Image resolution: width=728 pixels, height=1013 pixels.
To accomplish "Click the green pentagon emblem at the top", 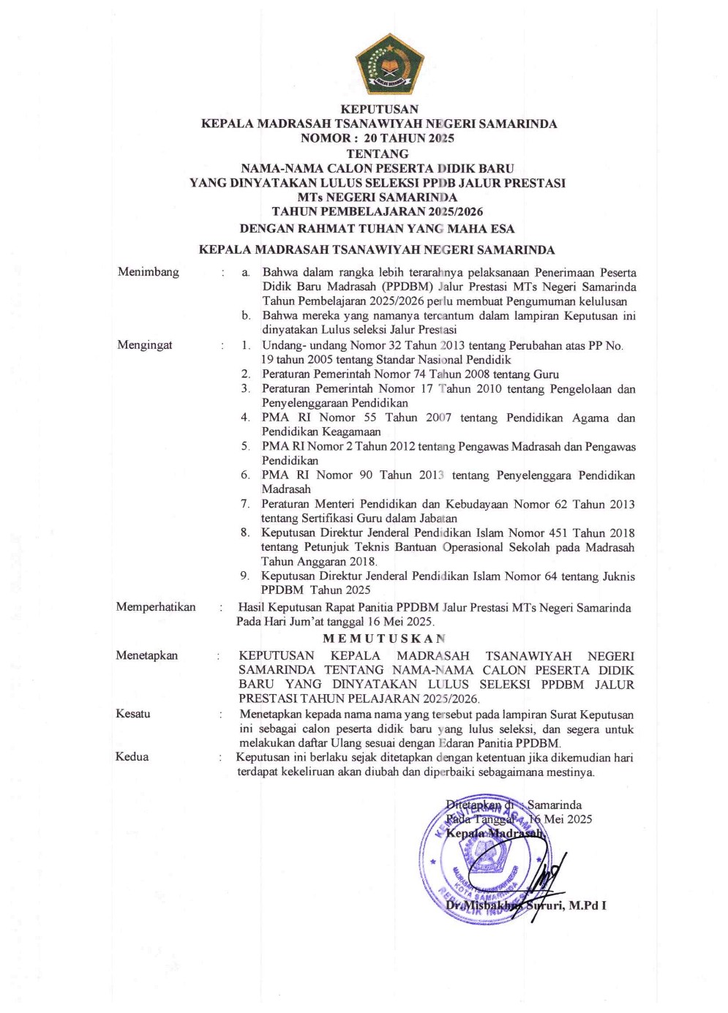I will coord(389,65).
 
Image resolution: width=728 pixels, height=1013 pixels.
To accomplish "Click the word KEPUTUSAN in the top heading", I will coord(379,109).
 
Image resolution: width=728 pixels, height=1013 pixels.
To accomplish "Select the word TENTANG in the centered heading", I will coord(378,154).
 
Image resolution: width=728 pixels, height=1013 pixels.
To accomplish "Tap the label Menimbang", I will coord(148,272).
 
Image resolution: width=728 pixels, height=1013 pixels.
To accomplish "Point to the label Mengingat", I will coord(145,345).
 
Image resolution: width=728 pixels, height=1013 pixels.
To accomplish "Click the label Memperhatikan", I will coord(156,607).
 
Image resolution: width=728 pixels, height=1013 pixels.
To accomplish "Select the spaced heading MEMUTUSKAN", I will coord(384,639).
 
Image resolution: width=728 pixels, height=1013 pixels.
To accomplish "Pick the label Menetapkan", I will coord(146,655).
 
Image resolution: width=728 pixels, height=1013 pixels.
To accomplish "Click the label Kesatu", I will coord(132,714).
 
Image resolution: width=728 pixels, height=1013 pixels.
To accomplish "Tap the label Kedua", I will coord(132,757).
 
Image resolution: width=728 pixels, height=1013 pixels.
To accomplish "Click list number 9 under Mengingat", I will coord(244,576).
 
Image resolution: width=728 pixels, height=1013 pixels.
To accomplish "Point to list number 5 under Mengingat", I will coord(246,446).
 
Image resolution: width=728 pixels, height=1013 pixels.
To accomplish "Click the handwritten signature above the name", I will coord(545,878).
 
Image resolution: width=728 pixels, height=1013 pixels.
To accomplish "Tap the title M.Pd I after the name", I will coord(588,905).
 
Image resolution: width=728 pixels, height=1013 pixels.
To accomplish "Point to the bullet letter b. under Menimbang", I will coord(246,316).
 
